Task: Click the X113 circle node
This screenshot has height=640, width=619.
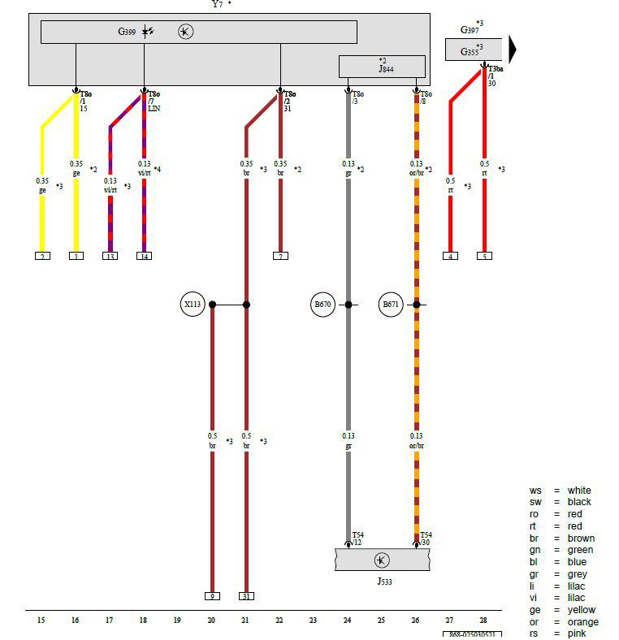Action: coord(192,305)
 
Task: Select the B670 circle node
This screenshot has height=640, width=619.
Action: coord(323,305)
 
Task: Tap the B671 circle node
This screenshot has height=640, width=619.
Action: coord(392,305)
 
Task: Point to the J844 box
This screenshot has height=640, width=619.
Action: coord(382,66)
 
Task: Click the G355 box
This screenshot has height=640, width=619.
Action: coord(474,50)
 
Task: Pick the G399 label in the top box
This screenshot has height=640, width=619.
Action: coord(127,32)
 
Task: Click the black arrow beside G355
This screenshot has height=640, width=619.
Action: coord(513,50)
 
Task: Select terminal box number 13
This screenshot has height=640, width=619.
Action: coord(110,256)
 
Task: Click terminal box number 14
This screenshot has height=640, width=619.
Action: coord(144,256)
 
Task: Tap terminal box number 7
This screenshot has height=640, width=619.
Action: coord(280,256)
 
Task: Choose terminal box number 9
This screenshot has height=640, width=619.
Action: coord(212,596)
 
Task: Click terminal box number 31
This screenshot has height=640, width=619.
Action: coord(246,596)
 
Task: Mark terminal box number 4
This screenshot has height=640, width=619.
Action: coord(450,256)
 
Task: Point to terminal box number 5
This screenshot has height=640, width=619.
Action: coord(484,256)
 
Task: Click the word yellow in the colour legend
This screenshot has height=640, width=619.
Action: coord(582,610)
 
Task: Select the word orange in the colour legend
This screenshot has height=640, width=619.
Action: coord(583,622)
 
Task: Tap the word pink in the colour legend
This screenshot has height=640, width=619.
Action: coord(578,634)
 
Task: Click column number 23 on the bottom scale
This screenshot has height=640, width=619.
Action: coord(313,621)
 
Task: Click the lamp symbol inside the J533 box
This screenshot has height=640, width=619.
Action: coord(382,560)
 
